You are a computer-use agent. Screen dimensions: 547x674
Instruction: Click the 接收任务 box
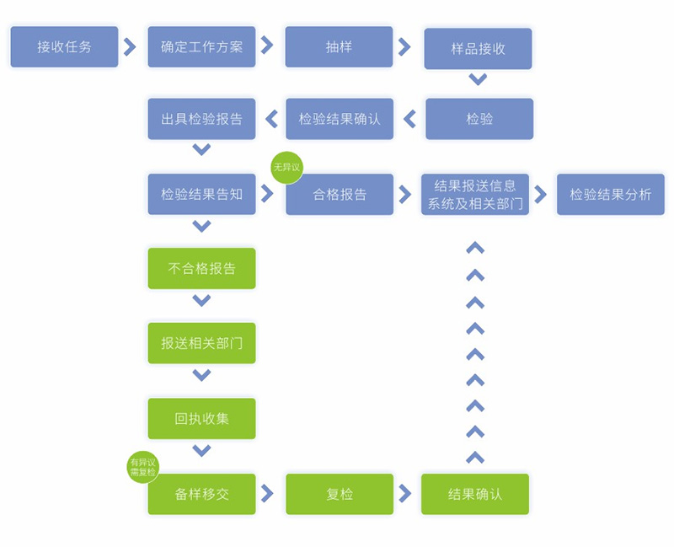[x=64, y=47]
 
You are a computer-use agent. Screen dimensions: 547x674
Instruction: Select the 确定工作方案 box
[x=201, y=47]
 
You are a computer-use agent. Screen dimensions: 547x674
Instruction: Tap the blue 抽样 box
[x=339, y=47]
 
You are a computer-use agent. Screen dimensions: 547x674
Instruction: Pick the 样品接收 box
[x=478, y=49]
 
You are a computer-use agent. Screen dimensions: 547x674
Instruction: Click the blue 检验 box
[x=479, y=119]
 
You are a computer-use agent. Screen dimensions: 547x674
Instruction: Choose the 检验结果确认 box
[x=339, y=119]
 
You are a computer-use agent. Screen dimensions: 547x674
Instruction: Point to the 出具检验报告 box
[x=201, y=119]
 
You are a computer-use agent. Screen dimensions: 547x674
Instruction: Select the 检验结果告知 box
[x=201, y=194]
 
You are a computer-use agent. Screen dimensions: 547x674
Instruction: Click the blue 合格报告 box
[x=340, y=195]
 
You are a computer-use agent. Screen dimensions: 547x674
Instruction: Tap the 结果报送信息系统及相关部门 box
[x=475, y=195]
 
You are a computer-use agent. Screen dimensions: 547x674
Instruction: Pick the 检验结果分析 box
[x=610, y=195]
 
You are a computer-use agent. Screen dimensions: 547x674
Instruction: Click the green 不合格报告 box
[x=201, y=269]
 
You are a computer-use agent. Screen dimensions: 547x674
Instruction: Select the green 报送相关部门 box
[x=201, y=343]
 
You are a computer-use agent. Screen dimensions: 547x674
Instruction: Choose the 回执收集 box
[x=201, y=418]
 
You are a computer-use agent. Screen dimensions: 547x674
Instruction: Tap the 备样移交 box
[x=201, y=494]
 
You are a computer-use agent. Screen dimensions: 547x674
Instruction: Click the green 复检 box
[x=339, y=494]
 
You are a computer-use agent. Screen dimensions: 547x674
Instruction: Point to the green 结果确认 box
[x=475, y=494]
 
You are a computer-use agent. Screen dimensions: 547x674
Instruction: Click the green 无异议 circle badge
[x=286, y=168]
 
